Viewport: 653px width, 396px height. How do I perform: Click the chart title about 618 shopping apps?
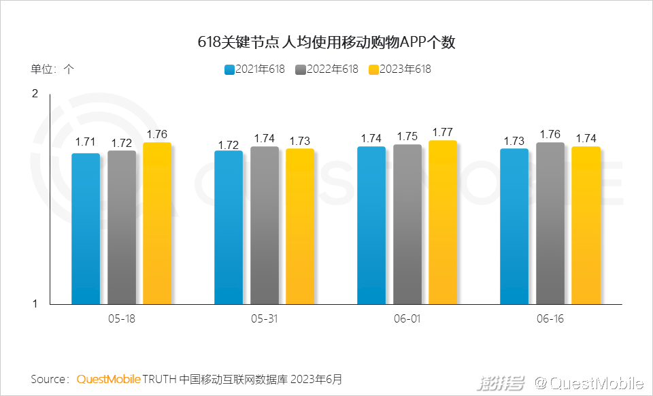(x=326, y=42)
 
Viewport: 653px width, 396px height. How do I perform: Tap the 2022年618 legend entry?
(x=327, y=69)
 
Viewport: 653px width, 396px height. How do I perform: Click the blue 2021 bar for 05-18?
(x=86, y=229)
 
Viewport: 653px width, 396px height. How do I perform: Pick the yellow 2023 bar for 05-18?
(x=157, y=223)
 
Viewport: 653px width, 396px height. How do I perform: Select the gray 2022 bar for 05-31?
(x=265, y=225)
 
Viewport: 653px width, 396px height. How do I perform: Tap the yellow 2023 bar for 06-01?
(x=443, y=222)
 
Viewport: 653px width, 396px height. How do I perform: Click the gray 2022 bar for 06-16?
(x=550, y=223)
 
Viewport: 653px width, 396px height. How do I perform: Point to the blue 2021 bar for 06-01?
(x=371, y=225)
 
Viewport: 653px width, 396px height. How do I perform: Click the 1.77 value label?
(x=442, y=132)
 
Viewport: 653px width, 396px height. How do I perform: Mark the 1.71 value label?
(x=86, y=142)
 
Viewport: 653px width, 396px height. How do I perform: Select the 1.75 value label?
(x=407, y=136)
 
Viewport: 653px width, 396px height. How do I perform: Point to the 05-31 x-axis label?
(x=264, y=318)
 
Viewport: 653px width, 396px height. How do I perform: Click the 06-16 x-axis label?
(x=550, y=318)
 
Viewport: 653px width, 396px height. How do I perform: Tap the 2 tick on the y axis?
(x=35, y=93)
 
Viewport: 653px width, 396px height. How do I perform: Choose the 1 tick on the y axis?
(x=35, y=304)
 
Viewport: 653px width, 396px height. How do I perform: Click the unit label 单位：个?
(x=52, y=69)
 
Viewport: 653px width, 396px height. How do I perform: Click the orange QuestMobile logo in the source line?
(x=109, y=378)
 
